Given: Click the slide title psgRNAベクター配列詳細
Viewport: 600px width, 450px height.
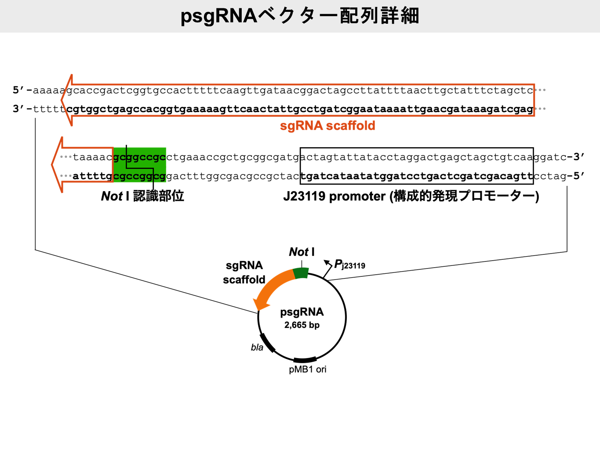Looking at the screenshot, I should [300, 16].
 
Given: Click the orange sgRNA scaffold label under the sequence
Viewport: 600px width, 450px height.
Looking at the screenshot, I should [327, 126].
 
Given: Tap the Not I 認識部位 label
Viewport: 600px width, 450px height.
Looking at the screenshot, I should [142, 196].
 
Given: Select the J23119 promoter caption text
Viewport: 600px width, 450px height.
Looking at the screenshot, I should [411, 196].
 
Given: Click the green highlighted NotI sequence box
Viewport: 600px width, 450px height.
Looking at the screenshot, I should [139, 166].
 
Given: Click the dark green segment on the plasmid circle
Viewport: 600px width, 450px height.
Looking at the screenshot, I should [301, 273].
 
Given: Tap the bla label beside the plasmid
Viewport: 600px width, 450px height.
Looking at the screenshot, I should [257, 348].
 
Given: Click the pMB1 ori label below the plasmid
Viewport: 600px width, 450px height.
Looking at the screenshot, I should [308, 370].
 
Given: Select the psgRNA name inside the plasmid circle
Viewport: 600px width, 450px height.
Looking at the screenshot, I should [302, 312].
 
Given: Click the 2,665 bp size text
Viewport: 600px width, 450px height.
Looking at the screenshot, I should [302, 325].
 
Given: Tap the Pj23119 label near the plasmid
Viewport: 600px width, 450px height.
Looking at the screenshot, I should [349, 265].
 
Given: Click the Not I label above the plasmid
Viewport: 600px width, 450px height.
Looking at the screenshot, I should [302, 252].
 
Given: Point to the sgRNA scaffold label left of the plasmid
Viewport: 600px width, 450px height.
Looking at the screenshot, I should [244, 272].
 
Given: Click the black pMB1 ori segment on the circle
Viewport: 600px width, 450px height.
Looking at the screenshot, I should [305, 359].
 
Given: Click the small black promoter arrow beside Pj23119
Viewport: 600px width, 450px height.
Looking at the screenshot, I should [327, 265].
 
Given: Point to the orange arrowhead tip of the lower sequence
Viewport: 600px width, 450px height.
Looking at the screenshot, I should [53, 165].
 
